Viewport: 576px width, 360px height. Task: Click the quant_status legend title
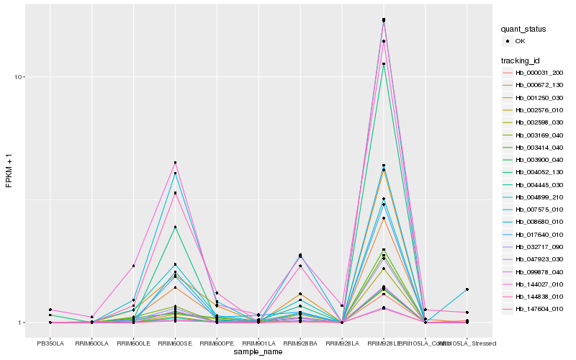pyautogui.click(x=524, y=29)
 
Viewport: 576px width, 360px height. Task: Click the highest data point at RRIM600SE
pyautogui.click(x=175, y=163)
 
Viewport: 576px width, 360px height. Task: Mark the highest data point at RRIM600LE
pyautogui.click(x=133, y=266)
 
